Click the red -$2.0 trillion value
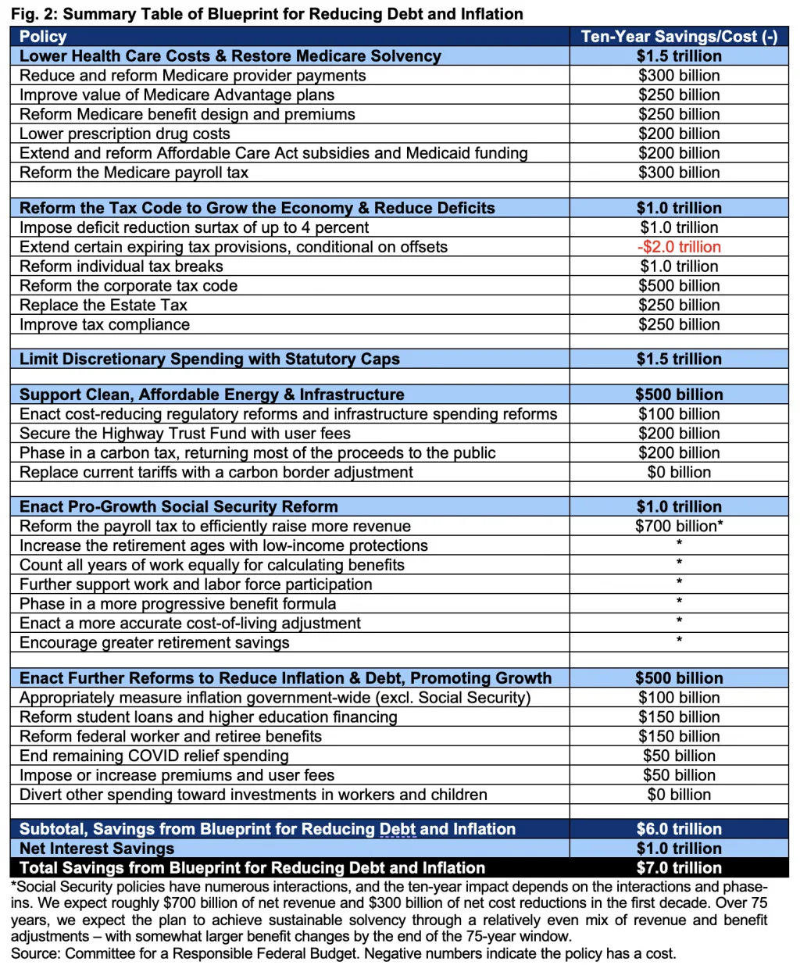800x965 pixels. (679, 247)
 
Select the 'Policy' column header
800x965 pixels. (43, 37)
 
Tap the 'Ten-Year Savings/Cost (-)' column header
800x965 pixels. (679, 37)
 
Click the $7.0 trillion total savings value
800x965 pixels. (679, 868)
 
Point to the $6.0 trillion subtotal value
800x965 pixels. (679, 829)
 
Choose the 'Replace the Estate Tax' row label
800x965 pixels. (103, 306)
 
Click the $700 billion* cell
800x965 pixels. (679, 527)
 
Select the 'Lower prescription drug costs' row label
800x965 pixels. (125, 134)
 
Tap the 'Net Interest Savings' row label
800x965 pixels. (97, 849)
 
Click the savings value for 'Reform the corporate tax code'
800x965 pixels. (679, 286)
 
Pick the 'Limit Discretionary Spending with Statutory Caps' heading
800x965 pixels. (209, 359)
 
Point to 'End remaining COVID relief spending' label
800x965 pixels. (154, 756)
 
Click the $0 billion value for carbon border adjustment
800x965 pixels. (679, 473)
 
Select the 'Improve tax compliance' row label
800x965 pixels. (105, 325)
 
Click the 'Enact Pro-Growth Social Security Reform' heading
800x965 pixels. (179, 507)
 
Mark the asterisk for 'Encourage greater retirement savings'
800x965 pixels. (679, 642)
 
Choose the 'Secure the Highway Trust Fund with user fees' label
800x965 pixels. (185, 434)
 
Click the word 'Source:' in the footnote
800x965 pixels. (36, 953)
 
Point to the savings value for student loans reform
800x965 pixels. (679, 717)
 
